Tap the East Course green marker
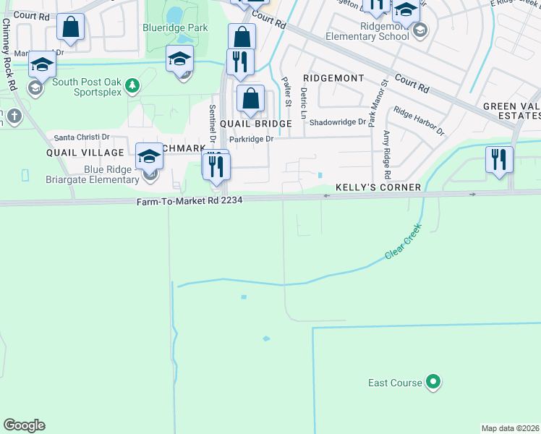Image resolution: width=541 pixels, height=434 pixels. pyautogui.click(x=433, y=381)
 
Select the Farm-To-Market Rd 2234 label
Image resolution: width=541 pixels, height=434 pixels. pyautogui.click(x=189, y=203)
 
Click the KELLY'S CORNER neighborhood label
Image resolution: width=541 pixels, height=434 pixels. pyautogui.click(x=378, y=187)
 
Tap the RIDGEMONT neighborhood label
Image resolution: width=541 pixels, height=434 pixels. pyautogui.click(x=333, y=77)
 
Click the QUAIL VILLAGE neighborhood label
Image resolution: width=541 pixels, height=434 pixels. pyautogui.click(x=85, y=153)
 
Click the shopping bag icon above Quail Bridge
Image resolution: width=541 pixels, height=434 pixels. pyautogui.click(x=250, y=98)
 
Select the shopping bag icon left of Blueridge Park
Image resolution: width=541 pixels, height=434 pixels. pyautogui.click(x=71, y=27)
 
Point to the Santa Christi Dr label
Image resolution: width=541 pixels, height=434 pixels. pyautogui.click(x=82, y=137)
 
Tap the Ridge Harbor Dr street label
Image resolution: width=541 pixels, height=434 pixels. pyautogui.click(x=419, y=121)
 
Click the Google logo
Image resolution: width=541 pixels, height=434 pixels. pyautogui.click(x=24, y=425)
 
